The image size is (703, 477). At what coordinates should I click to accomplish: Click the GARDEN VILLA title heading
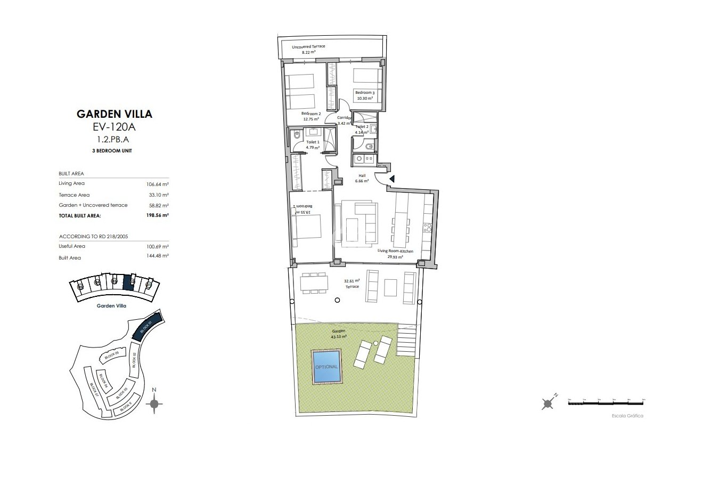point(115,114)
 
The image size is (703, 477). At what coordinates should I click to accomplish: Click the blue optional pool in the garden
point(326,367)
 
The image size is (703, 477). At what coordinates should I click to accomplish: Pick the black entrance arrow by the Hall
point(392,180)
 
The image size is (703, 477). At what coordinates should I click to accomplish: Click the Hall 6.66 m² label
point(362,178)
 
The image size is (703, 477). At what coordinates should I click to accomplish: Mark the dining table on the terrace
point(313,283)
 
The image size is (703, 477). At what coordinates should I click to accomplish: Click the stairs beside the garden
point(407,341)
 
